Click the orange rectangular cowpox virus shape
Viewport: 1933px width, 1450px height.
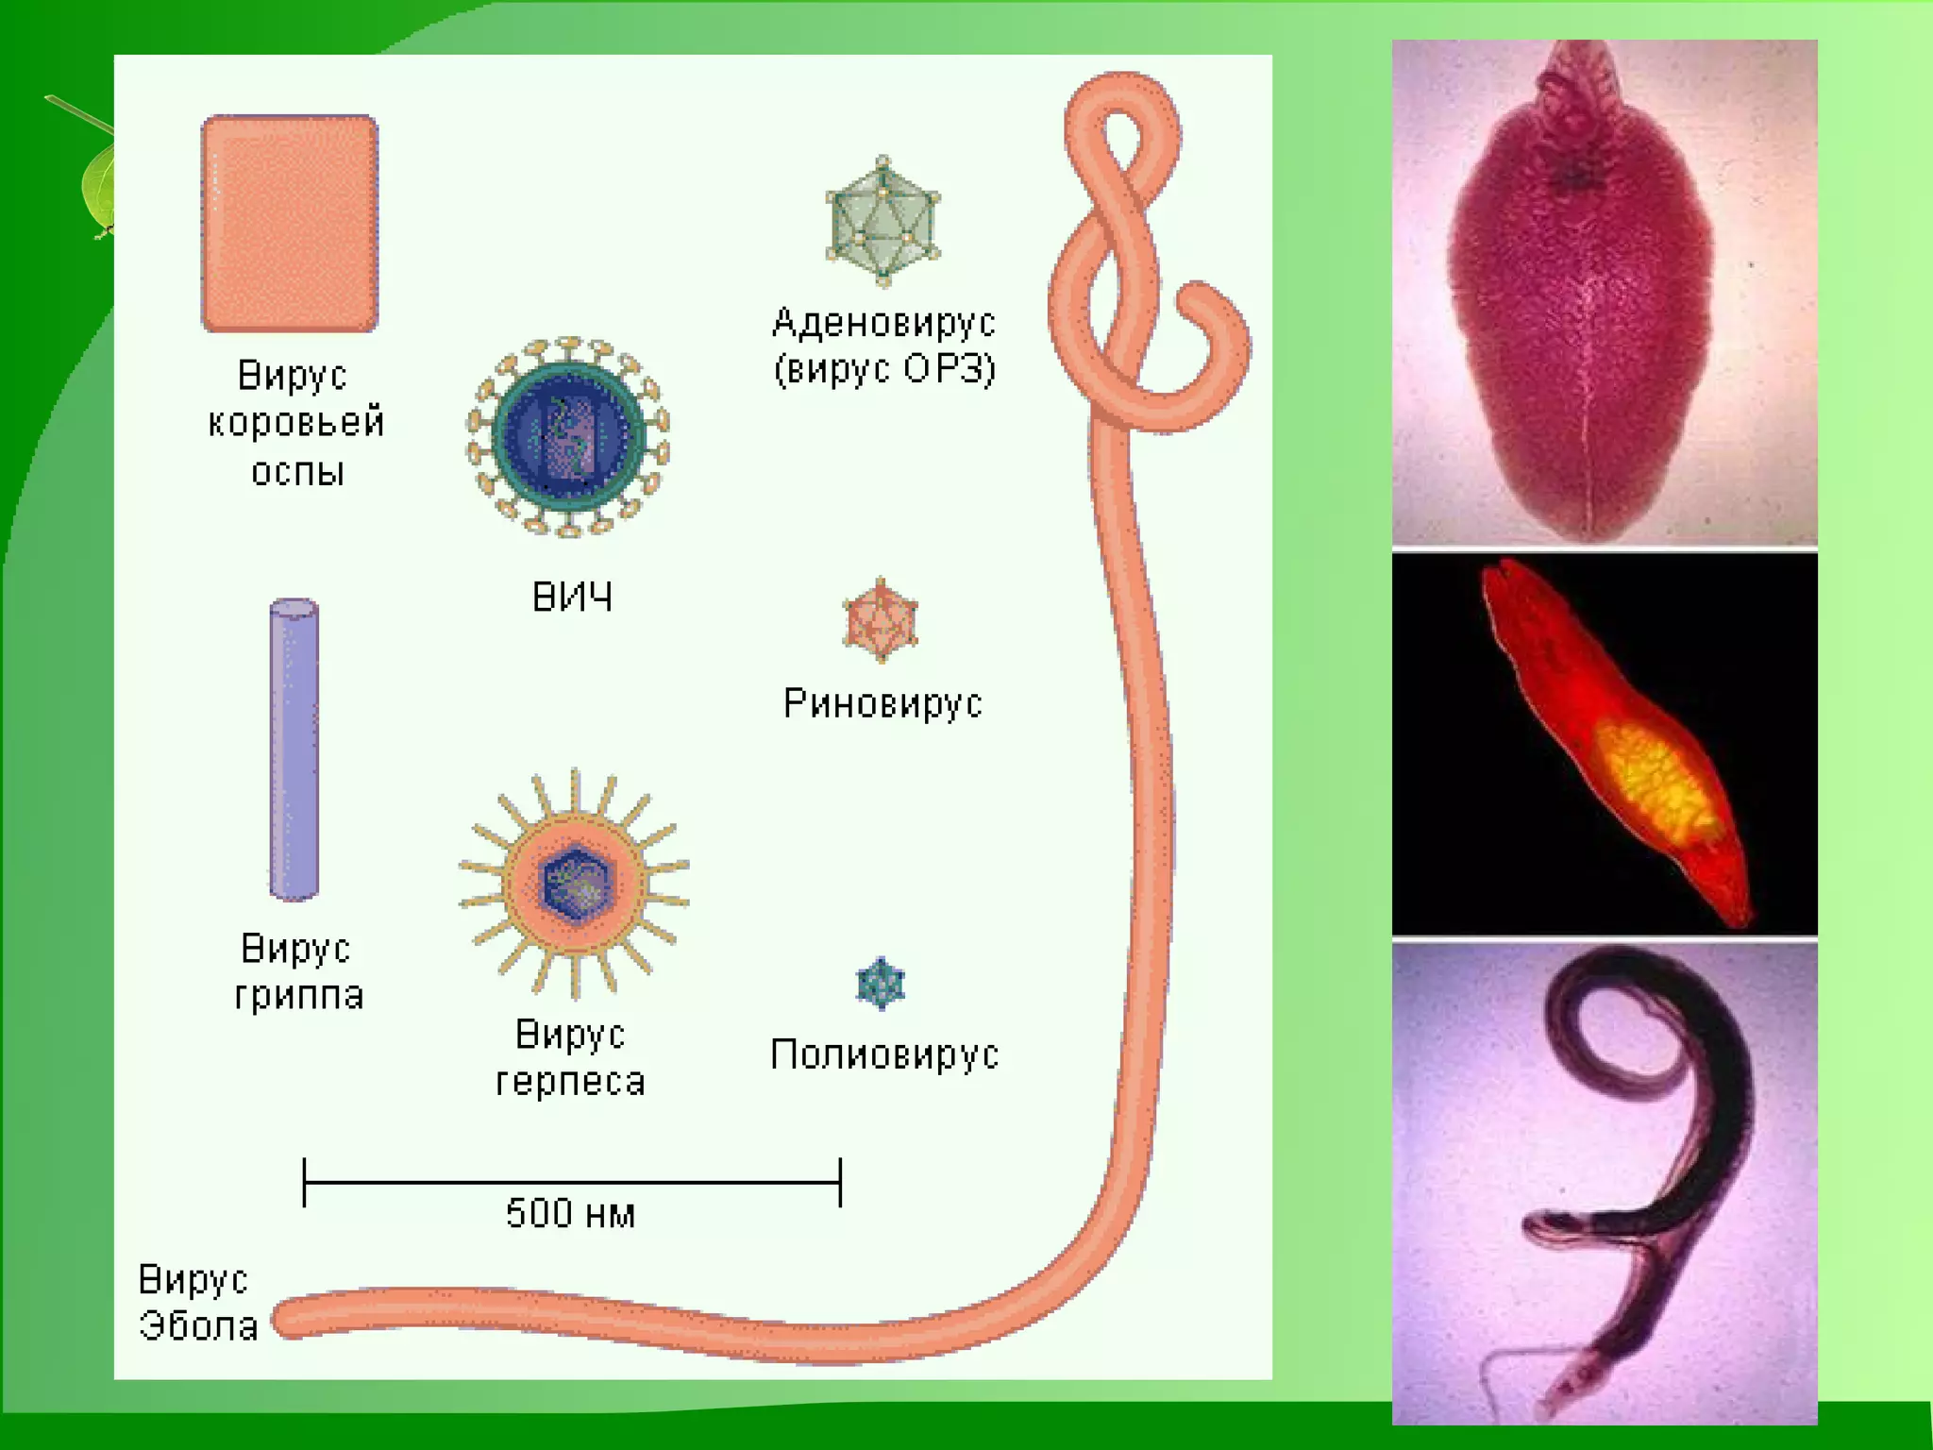[290, 224]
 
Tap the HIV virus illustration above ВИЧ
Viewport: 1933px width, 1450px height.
[568, 436]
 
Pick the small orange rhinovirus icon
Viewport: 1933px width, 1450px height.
[881, 619]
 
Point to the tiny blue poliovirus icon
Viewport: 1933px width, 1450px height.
[881, 984]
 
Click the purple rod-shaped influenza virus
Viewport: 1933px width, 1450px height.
[294, 749]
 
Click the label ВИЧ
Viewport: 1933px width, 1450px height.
[572, 597]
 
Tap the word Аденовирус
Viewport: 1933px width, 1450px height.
[883, 324]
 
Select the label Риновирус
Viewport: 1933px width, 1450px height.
[882, 704]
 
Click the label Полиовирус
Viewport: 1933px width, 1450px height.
[883, 1054]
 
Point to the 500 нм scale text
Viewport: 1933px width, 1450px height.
[570, 1214]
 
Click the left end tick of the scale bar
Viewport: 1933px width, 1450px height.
[304, 1182]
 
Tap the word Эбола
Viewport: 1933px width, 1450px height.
[198, 1326]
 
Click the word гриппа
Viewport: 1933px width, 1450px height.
[298, 996]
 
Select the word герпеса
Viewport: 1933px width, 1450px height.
[570, 1082]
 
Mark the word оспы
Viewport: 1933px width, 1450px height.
[297, 471]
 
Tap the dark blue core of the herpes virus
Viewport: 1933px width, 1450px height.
[575, 884]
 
